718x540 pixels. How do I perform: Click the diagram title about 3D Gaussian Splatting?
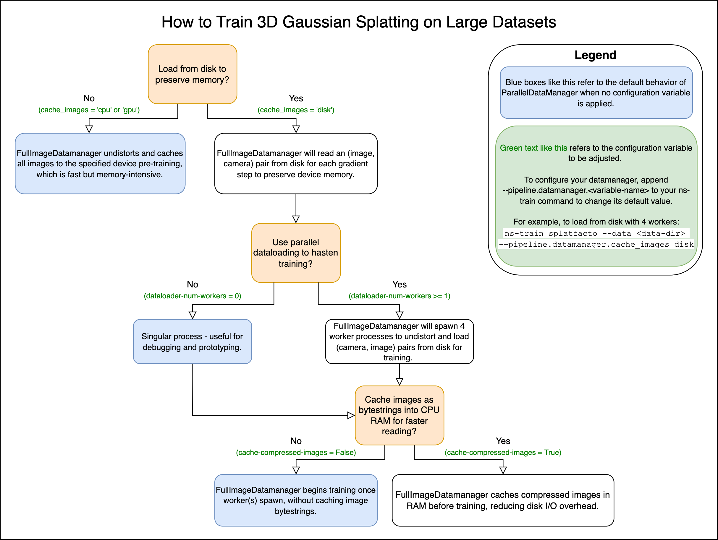359,22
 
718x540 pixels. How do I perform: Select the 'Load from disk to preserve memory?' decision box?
192,74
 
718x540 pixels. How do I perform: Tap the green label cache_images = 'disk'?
296,110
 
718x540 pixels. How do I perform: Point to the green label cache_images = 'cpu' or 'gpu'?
89,110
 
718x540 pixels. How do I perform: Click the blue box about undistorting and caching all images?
100,163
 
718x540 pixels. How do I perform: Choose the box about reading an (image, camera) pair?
296,163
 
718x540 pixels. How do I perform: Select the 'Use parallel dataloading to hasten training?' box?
296,253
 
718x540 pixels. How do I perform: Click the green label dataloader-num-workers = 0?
193,296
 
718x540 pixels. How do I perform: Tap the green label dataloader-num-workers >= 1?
399,296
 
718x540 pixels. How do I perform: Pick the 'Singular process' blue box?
192,341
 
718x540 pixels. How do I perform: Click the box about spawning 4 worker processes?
399,341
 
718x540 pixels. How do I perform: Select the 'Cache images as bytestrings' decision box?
399,415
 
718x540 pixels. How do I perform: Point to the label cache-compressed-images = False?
296,453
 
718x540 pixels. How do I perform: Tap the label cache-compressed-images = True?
503,453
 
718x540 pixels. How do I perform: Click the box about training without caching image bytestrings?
296,500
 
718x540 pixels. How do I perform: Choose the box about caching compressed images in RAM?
503,500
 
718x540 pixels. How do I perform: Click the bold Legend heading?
595,55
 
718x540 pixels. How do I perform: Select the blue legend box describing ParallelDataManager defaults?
596,93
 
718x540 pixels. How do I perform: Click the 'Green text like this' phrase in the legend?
533,148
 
